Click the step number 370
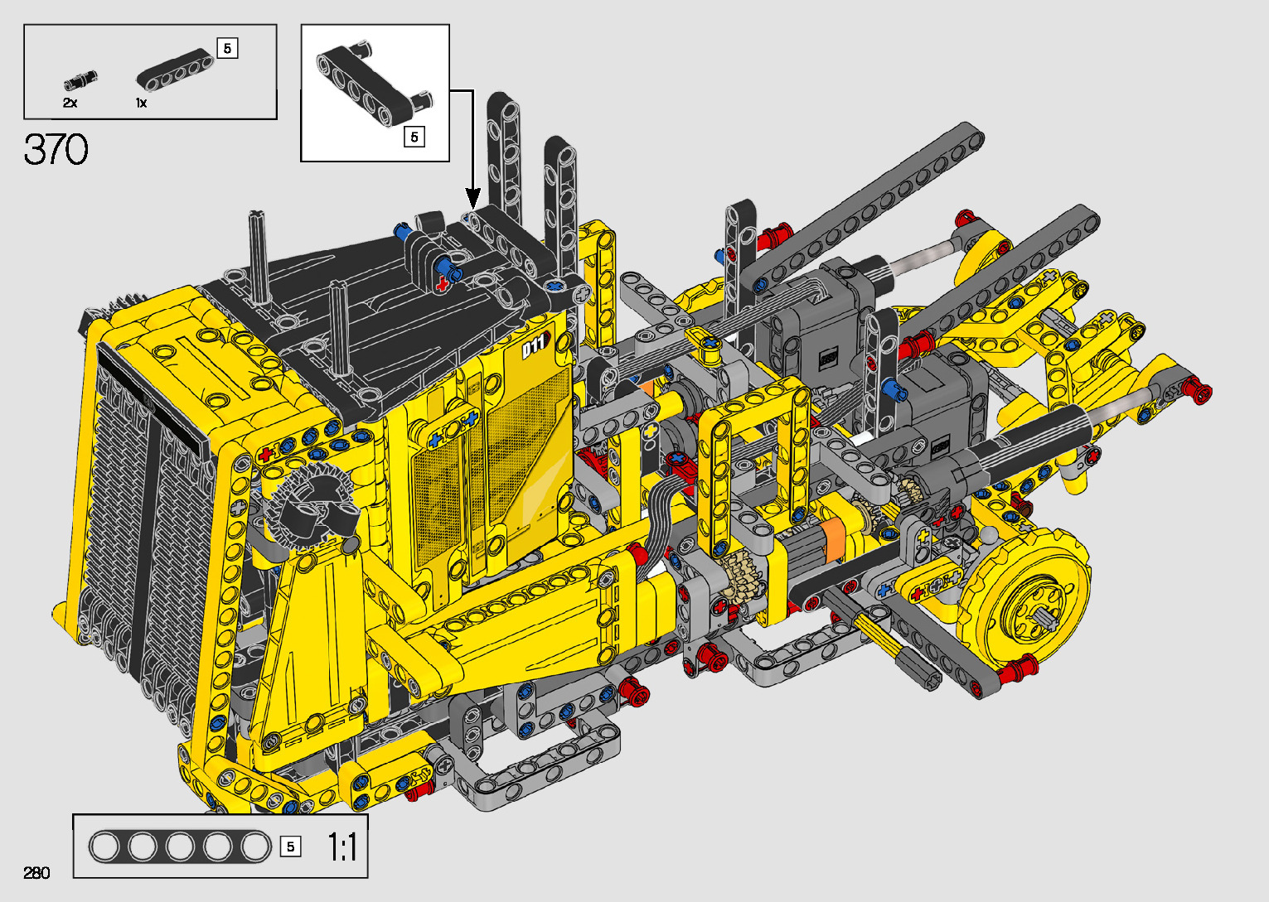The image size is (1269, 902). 56,149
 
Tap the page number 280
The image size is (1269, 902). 36,872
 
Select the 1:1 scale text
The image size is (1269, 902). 342,847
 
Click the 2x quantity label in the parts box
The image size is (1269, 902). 70,103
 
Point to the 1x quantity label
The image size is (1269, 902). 141,103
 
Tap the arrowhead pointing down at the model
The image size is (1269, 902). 472,198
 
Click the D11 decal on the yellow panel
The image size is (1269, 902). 535,345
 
